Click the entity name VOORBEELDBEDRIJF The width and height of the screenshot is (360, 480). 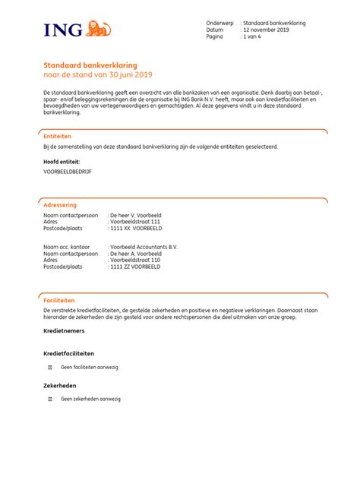68,172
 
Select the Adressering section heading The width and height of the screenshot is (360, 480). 60,205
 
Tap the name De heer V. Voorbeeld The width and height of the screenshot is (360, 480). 136,216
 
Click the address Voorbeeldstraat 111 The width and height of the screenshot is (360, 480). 135,223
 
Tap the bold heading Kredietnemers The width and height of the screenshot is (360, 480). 64,331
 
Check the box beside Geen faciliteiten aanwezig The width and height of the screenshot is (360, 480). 51,367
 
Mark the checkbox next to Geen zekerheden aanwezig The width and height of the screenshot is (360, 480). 51,398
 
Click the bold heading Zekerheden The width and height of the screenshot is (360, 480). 60,386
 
